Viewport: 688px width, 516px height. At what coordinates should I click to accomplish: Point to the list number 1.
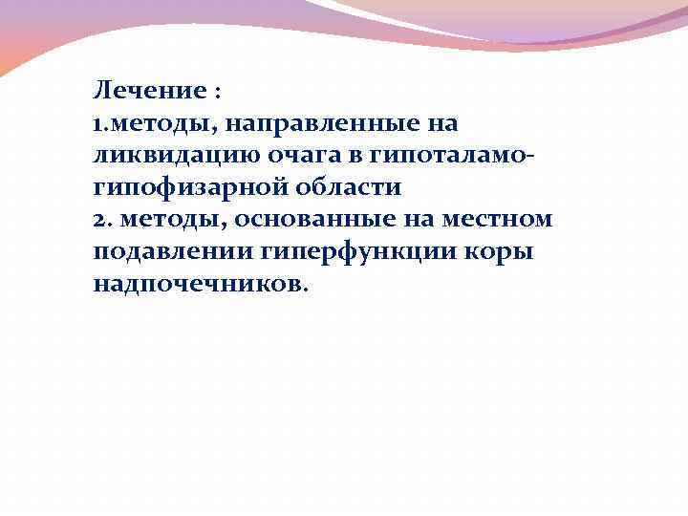98,124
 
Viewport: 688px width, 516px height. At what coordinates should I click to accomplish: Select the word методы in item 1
151,125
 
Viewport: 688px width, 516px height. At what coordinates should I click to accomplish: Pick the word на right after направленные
441,125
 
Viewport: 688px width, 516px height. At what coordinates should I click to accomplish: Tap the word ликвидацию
167,157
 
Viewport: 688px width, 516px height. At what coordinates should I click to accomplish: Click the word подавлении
172,252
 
